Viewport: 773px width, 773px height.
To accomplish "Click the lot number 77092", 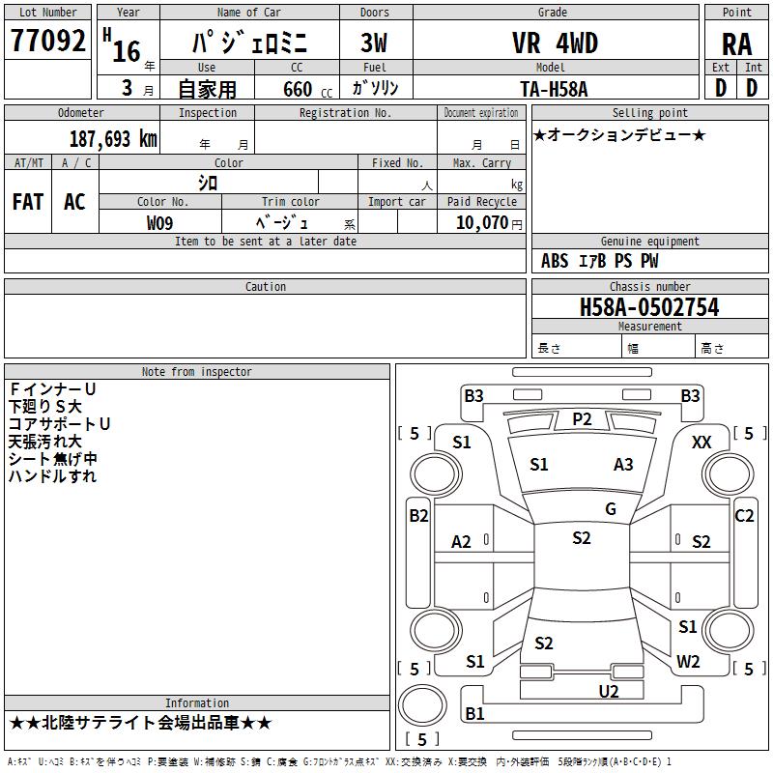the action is pyautogui.click(x=47, y=40).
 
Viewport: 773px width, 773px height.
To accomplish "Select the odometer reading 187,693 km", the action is pyautogui.click(x=113, y=139).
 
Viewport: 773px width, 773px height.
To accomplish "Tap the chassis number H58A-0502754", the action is pyautogui.click(x=649, y=307).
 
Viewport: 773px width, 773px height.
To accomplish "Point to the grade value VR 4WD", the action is pyautogui.click(x=555, y=43).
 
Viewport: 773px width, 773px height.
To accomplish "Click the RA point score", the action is pyautogui.click(x=737, y=44).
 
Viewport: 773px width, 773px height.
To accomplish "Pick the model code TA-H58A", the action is pyautogui.click(x=554, y=89).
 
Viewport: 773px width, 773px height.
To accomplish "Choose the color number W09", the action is pyautogui.click(x=159, y=223).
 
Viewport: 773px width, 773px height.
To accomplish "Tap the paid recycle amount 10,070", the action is pyautogui.click(x=482, y=222).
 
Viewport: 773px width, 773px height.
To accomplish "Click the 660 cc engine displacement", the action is pyautogui.click(x=307, y=89).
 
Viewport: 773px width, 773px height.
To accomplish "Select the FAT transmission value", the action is pyautogui.click(x=28, y=202).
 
